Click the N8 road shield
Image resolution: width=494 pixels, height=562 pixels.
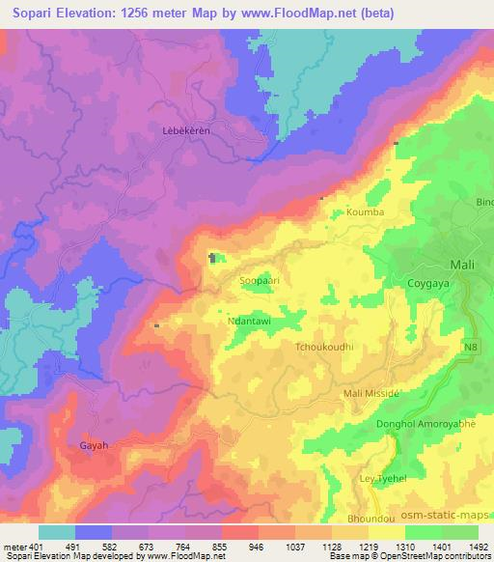click(x=469, y=346)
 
